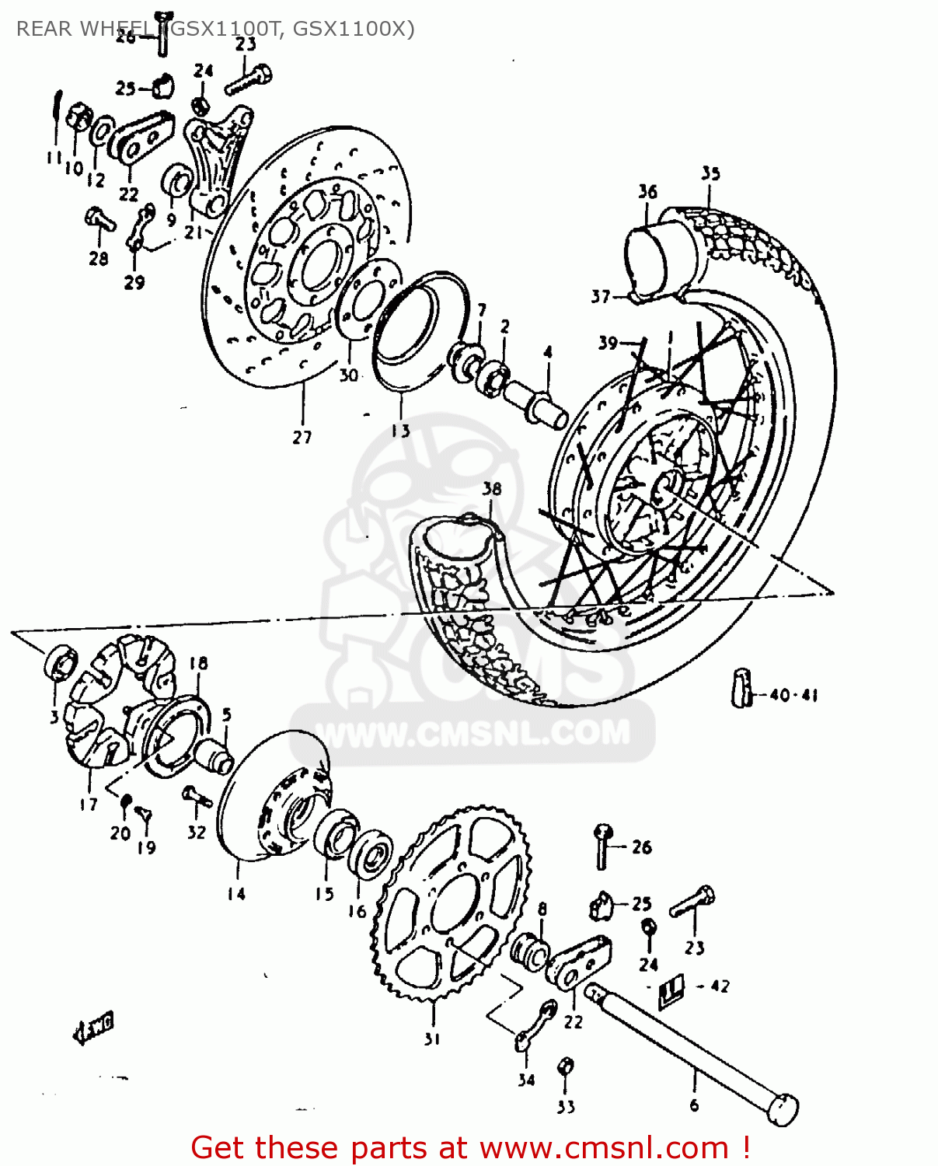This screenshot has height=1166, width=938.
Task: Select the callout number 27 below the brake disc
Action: (302, 437)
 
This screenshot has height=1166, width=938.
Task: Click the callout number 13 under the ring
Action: (401, 430)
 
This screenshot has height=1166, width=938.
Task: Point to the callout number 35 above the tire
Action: (710, 173)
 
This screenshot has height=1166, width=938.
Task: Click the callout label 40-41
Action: (793, 695)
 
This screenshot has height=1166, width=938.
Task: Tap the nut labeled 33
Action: (566, 1067)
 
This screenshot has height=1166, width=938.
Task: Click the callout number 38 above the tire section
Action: (492, 488)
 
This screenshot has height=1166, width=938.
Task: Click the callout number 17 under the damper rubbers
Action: (89, 805)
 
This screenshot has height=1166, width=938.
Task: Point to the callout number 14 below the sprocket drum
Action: (236, 894)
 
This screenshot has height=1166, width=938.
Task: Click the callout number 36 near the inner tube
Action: (647, 191)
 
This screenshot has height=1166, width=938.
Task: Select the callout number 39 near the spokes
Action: (608, 343)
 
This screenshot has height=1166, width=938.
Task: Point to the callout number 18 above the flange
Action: (199, 663)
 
